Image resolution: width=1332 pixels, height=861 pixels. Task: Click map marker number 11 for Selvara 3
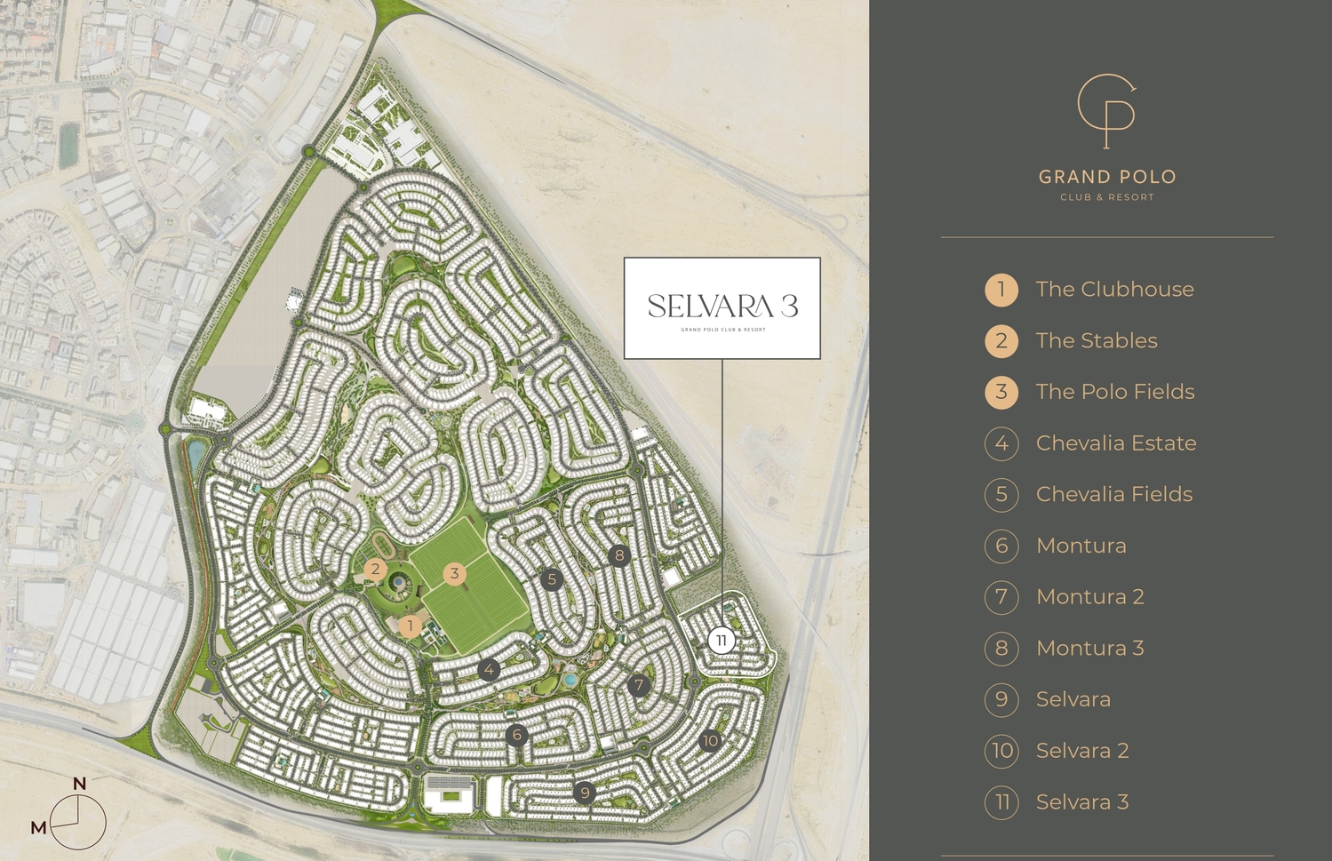click(x=722, y=641)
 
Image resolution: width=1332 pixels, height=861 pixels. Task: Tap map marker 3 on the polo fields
click(x=454, y=573)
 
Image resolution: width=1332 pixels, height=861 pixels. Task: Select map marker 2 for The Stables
click(x=376, y=570)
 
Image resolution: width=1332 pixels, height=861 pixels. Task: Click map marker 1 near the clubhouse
click(x=410, y=626)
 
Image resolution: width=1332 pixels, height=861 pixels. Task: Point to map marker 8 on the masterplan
click(x=619, y=556)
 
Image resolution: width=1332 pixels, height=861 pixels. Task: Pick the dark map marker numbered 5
click(x=552, y=579)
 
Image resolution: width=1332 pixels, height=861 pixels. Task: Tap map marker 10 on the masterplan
click(x=710, y=740)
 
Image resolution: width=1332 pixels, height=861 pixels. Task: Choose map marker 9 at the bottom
click(x=584, y=793)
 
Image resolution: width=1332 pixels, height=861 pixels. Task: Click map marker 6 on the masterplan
click(x=516, y=735)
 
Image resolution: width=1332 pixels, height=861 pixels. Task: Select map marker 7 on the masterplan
click(x=638, y=685)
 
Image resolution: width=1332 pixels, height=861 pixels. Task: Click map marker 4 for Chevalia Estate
click(x=489, y=669)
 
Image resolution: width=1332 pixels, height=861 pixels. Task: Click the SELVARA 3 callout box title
click(x=722, y=307)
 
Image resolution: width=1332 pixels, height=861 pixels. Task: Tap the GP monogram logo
click(x=1106, y=110)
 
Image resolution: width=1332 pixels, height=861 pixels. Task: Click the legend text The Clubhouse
click(x=1114, y=290)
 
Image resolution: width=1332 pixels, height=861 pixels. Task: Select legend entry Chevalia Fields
click(x=1113, y=495)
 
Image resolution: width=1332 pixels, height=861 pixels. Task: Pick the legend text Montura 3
click(x=1089, y=649)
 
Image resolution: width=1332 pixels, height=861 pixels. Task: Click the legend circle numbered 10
click(x=1001, y=751)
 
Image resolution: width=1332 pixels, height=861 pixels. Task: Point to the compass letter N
click(x=79, y=784)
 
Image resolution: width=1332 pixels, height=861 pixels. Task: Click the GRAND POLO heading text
click(x=1107, y=177)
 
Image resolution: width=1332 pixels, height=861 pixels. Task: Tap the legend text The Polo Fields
click(x=1114, y=392)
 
